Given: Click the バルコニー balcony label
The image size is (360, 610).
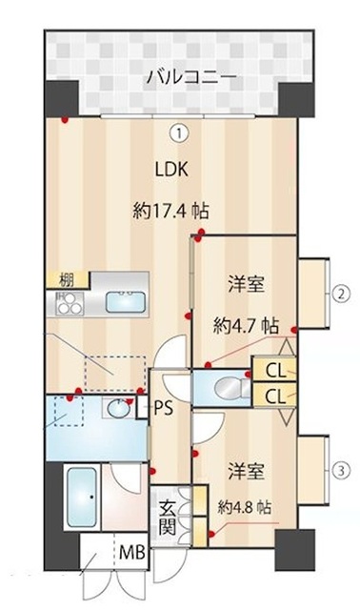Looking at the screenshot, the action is (x=191, y=78).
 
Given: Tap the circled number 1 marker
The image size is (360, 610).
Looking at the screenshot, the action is (x=179, y=133).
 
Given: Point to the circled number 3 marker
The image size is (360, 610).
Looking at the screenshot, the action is (x=341, y=471).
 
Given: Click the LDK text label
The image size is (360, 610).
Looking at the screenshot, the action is (x=171, y=170).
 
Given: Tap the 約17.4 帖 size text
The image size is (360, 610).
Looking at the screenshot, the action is (x=170, y=212).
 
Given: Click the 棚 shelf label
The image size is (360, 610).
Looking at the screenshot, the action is (x=66, y=280).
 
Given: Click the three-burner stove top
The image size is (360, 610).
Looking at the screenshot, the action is (x=70, y=303).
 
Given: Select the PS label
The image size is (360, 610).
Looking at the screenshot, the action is (x=163, y=409).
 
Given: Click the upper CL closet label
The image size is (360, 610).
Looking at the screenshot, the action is (x=276, y=372).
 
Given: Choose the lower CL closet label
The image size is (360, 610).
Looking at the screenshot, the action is (x=276, y=396).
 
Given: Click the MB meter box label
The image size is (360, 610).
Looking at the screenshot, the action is (x=132, y=553).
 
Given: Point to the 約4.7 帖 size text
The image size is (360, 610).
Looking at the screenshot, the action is (x=246, y=326).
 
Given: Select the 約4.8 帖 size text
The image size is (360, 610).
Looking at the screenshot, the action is (x=244, y=507).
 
